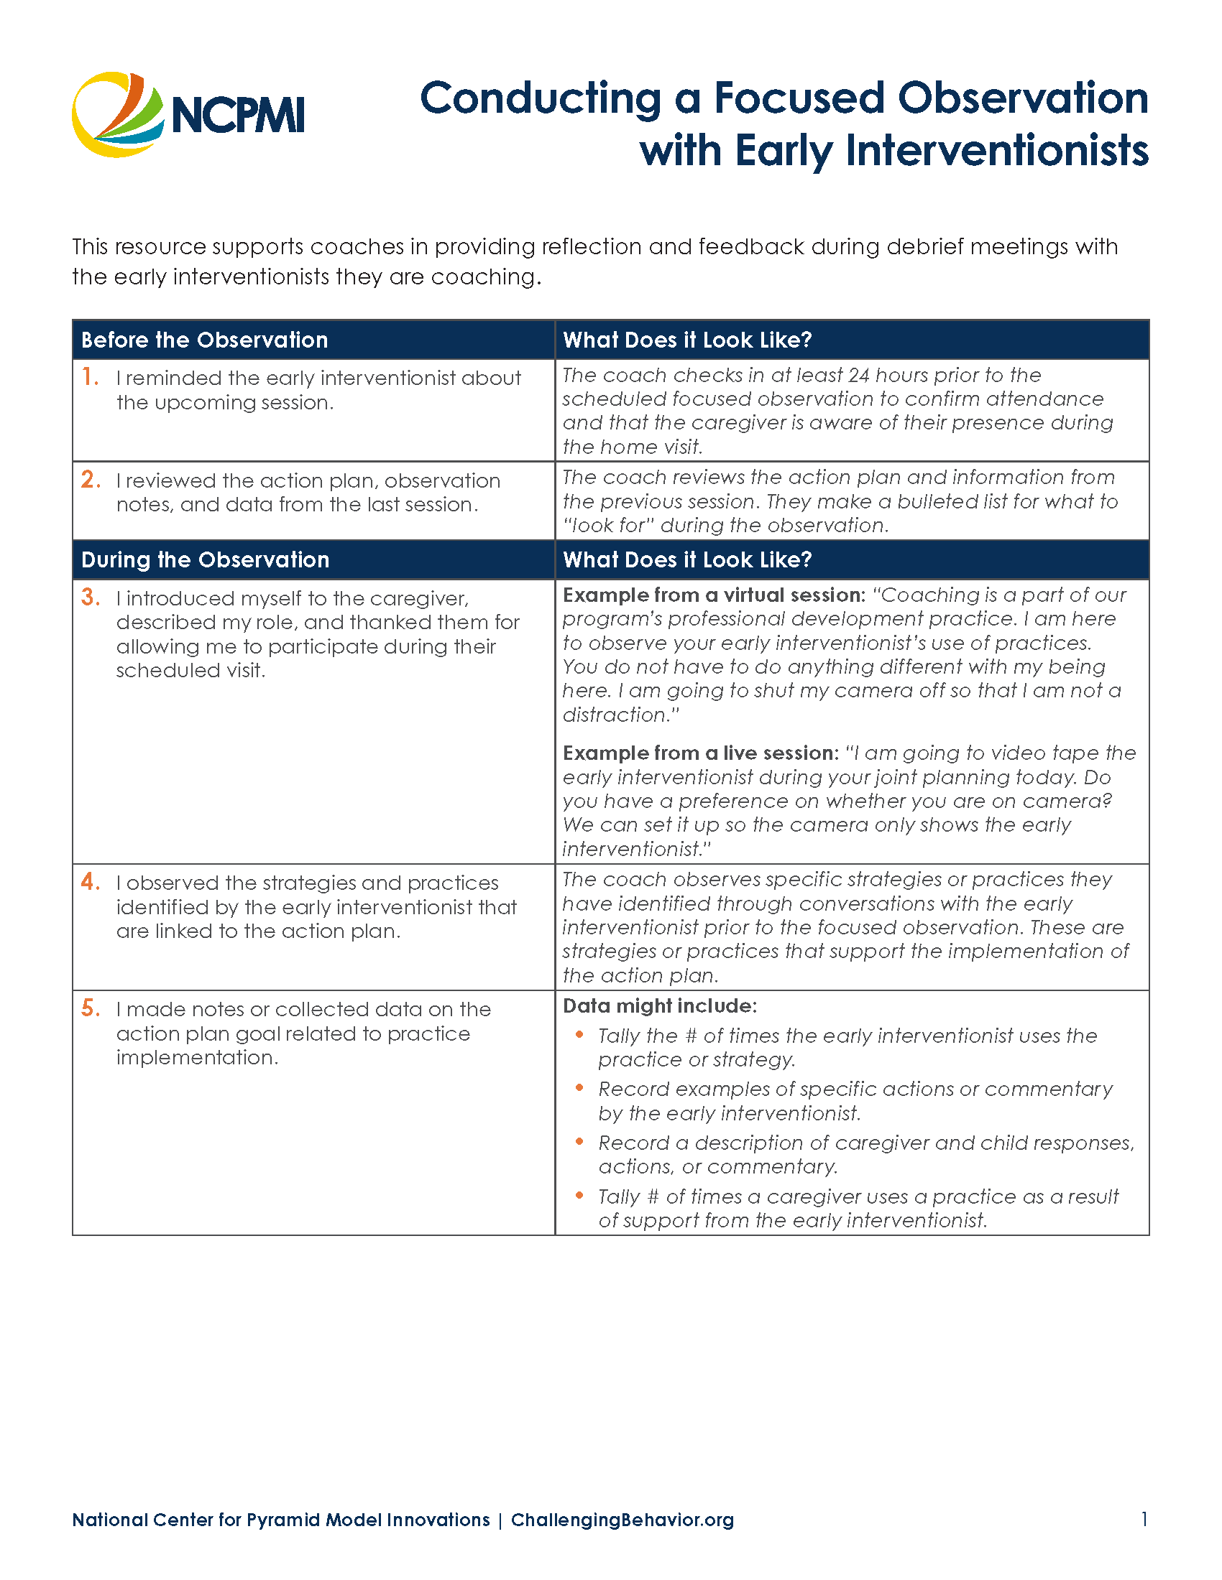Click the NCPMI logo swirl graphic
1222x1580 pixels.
pos(116,114)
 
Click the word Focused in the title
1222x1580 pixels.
pos(799,98)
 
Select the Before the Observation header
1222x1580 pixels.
pos(204,340)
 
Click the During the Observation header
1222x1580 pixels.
pos(205,559)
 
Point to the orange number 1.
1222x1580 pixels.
pos(90,377)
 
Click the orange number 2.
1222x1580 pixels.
pos(91,480)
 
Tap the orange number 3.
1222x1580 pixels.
pos(91,598)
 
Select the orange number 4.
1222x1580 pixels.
pos(91,882)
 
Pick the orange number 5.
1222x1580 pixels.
pos(91,1008)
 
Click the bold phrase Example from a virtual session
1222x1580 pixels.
pos(714,595)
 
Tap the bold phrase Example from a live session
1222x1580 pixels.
pos(700,753)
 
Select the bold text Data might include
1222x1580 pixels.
pos(659,1005)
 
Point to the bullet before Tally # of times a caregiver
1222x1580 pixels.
pos(579,1195)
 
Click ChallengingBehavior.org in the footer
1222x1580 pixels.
pos(622,1520)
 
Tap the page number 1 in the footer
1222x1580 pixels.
pos(1144,1519)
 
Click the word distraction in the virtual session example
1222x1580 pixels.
pos(615,715)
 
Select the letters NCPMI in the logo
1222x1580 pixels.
pos(237,116)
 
